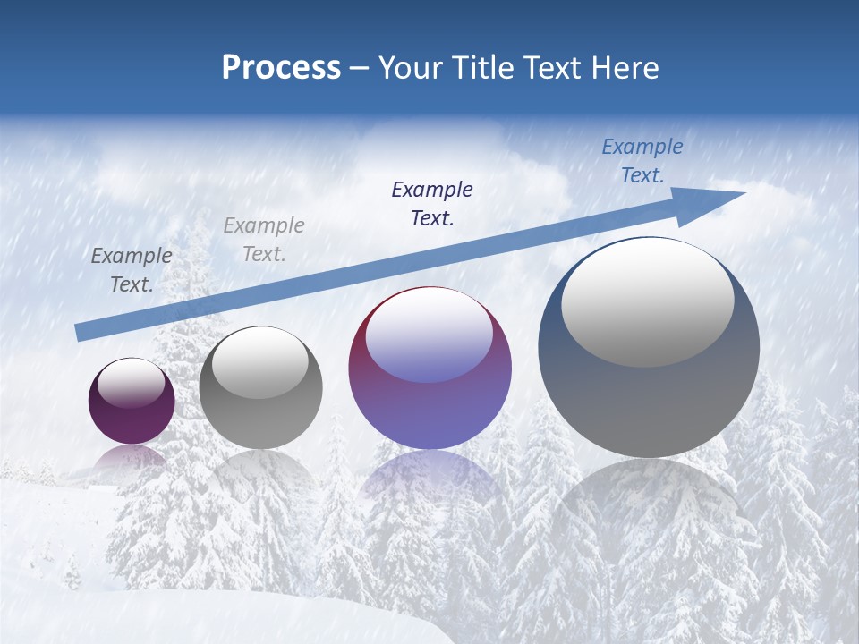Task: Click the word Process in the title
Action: [x=281, y=67]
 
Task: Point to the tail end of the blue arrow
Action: [x=81, y=333]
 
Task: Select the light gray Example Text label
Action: [x=264, y=240]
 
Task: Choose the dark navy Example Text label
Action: [x=432, y=203]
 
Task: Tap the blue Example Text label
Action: [x=642, y=161]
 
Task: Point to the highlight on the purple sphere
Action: [x=132, y=383]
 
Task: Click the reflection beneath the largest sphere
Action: [x=649, y=510]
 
